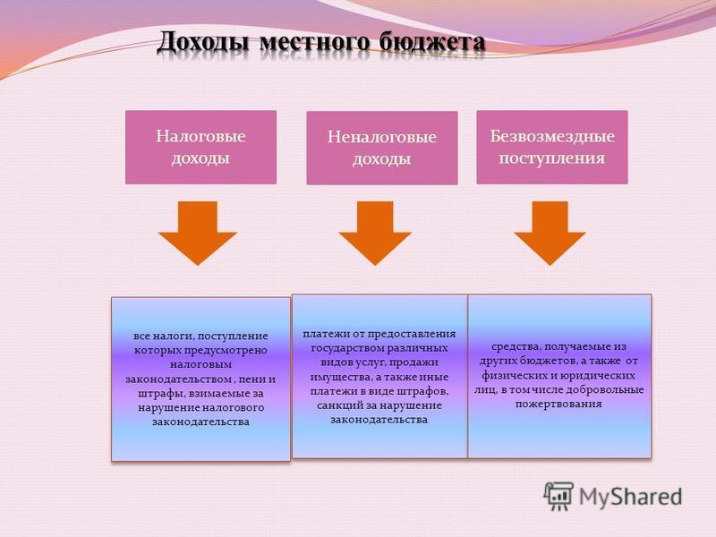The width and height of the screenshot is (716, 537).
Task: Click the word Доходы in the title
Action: click(x=203, y=42)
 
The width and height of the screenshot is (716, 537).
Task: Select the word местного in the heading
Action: click(x=314, y=42)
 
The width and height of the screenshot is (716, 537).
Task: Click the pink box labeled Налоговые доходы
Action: click(x=200, y=147)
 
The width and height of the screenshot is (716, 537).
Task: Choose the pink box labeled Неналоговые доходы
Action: click(x=382, y=148)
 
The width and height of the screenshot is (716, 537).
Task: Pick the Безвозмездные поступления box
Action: click(x=552, y=147)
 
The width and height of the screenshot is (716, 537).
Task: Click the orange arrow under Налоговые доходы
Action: click(x=197, y=233)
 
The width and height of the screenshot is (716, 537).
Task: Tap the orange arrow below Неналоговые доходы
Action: click(x=375, y=233)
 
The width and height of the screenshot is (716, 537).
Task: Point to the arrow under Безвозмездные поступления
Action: click(x=550, y=233)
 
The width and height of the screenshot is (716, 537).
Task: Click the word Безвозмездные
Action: click(x=552, y=136)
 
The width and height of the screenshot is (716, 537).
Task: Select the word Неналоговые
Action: click(x=382, y=137)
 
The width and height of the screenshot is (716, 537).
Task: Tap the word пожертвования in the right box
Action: click(x=558, y=405)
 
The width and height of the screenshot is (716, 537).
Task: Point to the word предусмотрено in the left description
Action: click(x=226, y=350)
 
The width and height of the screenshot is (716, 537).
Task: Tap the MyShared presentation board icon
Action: click(x=558, y=496)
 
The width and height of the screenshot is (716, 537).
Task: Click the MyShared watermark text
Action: click(x=631, y=497)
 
